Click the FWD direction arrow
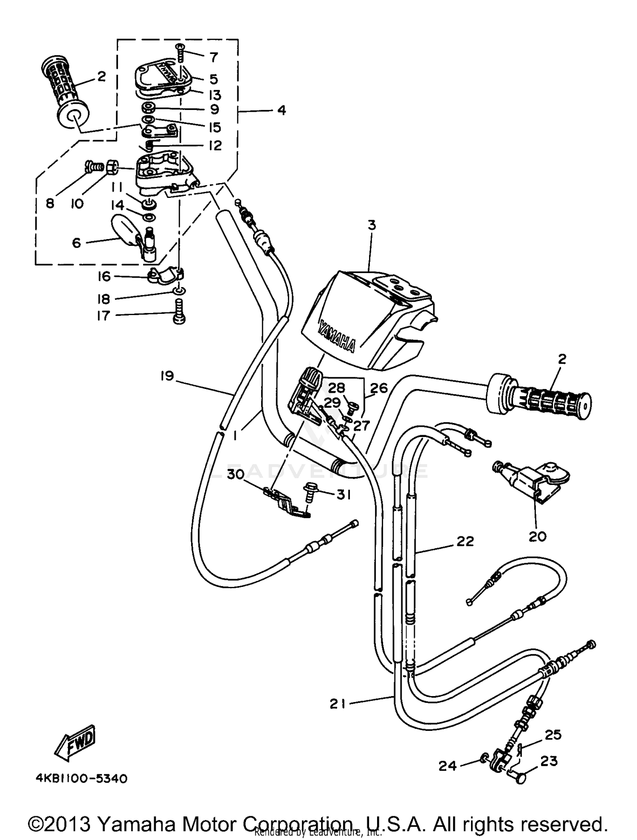tap(76, 743)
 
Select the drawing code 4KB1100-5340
tap(81, 778)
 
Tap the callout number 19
tap(167, 376)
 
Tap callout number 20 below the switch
tap(537, 536)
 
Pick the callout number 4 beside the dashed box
tap(281, 110)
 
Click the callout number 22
tap(465, 541)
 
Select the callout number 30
tap(235, 474)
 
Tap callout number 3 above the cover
tap(372, 225)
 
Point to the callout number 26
tap(379, 388)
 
